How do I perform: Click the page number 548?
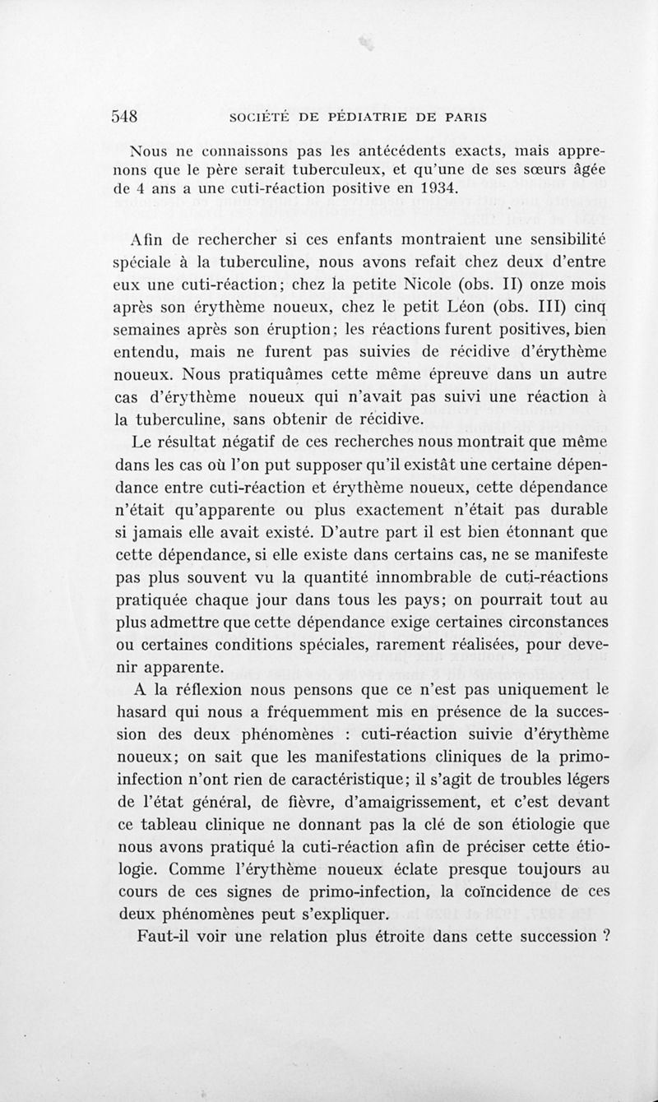click(x=129, y=116)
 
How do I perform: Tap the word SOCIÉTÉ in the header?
click(x=246, y=117)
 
